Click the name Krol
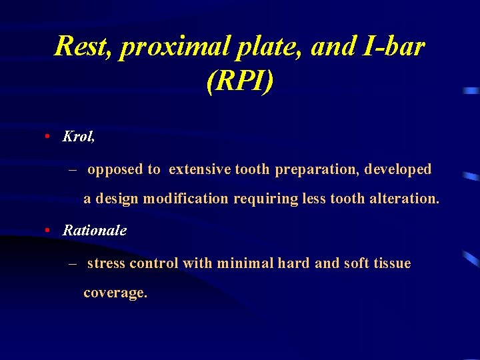pos(78,137)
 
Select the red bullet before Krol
pos(49,137)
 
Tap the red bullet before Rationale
pos(49,230)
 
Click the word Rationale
pos(94,230)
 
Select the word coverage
pos(115,293)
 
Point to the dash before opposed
pos(73,169)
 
